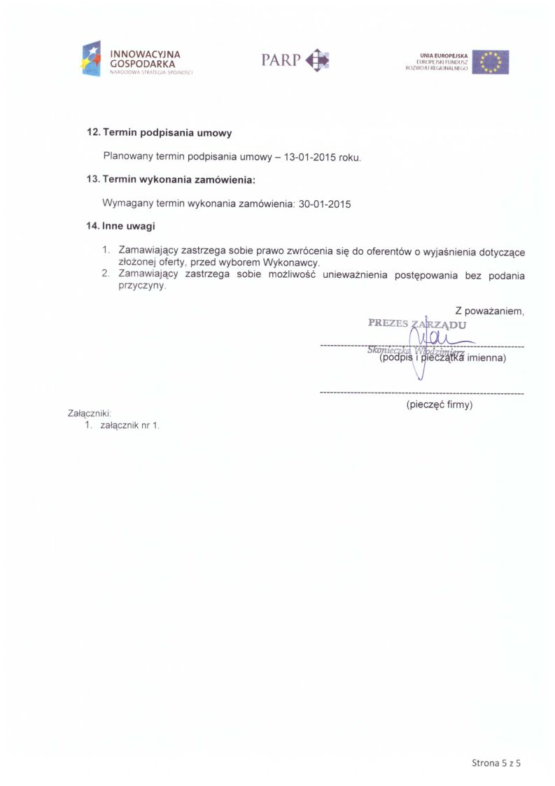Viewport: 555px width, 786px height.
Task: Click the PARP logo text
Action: [281, 60]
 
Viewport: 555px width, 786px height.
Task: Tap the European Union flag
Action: [490, 62]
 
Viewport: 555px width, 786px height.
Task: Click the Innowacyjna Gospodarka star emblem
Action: [91, 59]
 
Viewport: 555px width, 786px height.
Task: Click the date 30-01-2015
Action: [324, 204]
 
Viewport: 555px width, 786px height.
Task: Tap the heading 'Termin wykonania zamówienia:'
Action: [178, 180]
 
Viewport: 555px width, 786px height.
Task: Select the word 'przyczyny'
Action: [143, 286]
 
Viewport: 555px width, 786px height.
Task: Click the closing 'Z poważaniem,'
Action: [489, 311]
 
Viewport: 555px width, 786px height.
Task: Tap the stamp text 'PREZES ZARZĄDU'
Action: [417, 324]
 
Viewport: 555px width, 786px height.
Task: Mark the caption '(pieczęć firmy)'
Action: [440, 405]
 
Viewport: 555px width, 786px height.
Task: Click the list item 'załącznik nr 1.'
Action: [130, 425]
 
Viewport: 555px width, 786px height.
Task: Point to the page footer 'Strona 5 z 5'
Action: [496, 762]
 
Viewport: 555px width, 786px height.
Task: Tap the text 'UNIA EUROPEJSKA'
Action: [444, 55]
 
